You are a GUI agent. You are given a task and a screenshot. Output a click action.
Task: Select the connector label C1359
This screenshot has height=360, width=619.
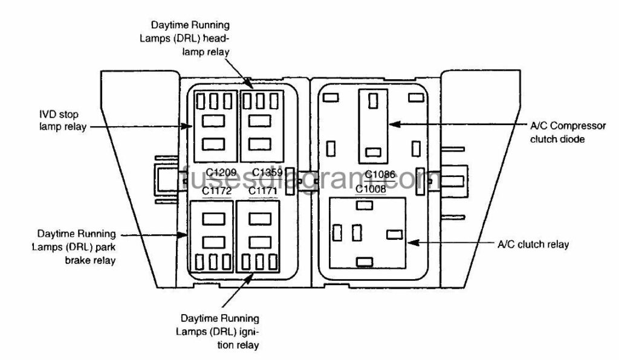(265, 171)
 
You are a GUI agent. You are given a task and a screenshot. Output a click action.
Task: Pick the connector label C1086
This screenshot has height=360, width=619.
(380, 175)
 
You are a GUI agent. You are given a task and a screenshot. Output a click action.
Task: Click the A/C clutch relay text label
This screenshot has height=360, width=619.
(533, 245)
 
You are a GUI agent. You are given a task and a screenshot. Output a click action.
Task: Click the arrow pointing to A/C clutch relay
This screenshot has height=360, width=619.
(447, 243)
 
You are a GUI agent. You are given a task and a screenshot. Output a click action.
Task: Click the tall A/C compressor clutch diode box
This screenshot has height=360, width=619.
(372, 124)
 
